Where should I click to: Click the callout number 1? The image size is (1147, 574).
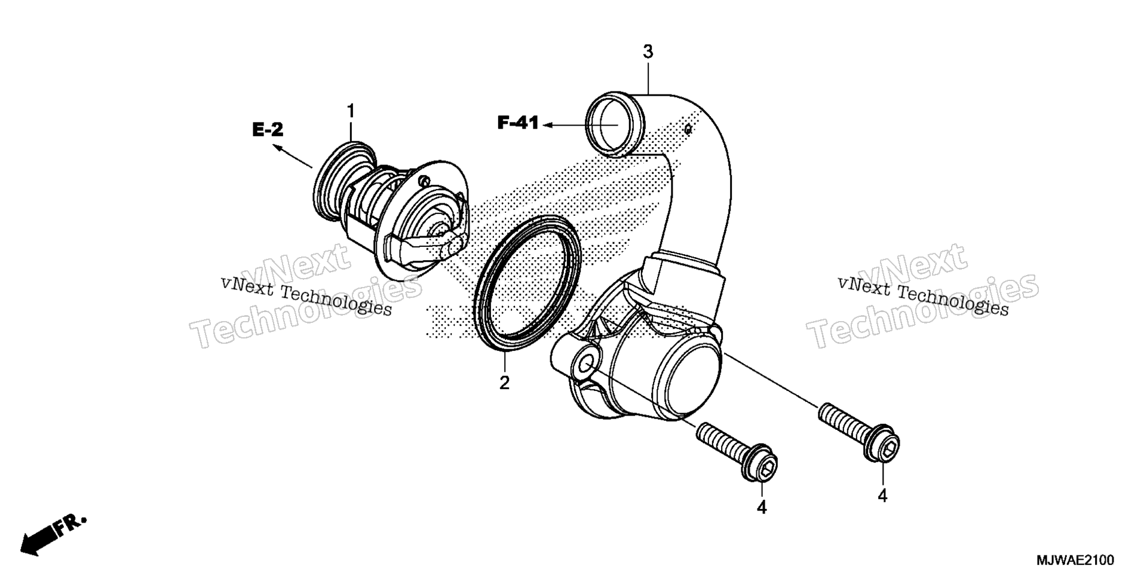click(351, 111)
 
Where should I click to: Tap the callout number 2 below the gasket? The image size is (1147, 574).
click(505, 383)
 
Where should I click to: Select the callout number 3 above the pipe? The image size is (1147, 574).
click(648, 52)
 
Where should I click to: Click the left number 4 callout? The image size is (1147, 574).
click(762, 507)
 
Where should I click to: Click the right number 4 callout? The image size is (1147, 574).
click(882, 496)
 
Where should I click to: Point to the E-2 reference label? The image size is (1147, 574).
click(268, 130)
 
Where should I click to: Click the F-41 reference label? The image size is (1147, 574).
click(518, 124)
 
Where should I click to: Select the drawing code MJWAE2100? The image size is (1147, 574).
click(1075, 560)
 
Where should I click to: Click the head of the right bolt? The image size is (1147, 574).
click(881, 444)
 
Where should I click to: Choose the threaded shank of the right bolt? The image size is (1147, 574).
click(842, 422)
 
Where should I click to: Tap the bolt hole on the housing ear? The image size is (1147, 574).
click(585, 364)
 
